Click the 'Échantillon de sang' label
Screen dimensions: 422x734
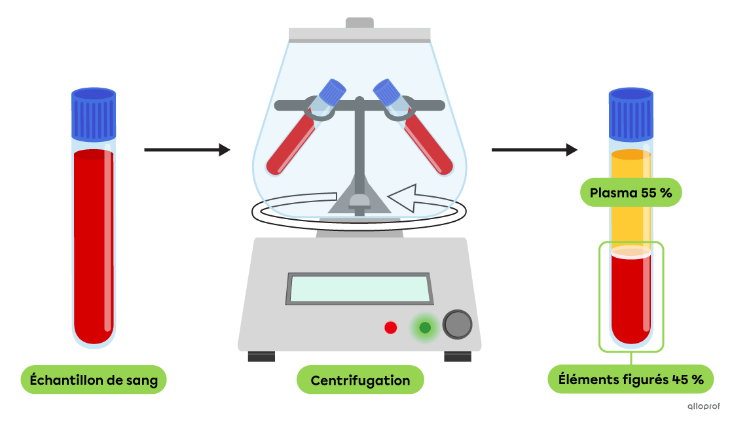[x=94, y=380]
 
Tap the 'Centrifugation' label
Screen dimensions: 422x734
[x=360, y=380]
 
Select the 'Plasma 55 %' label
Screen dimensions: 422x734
[x=631, y=193]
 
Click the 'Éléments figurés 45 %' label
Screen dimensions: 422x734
[x=631, y=379]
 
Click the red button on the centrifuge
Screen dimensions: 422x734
[x=391, y=327]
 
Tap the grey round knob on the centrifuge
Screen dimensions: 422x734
[x=457, y=324]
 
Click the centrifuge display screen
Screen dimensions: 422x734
[x=359, y=289]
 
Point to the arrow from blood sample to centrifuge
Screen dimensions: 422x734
[x=187, y=150]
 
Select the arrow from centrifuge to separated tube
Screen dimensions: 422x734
[x=534, y=150]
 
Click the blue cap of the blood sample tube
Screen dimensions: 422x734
[x=94, y=114]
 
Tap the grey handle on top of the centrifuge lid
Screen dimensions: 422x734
[x=359, y=23]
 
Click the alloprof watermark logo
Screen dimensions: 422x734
[x=704, y=406]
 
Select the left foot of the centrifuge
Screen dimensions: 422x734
[x=261, y=357]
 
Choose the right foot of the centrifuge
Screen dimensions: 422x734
[x=458, y=357]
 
